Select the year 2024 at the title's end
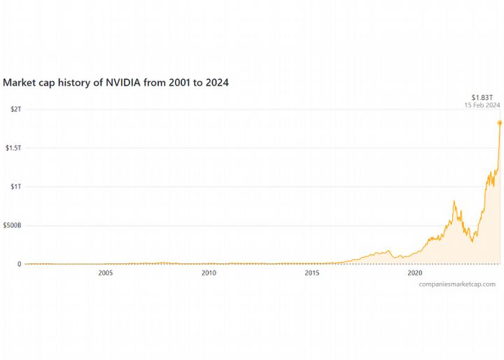(216, 83)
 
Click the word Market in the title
(20, 83)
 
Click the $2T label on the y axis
(15, 109)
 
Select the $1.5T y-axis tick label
(13, 148)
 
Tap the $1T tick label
(15, 187)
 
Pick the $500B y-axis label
(13, 226)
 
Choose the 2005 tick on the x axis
(106, 273)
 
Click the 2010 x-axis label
(209, 273)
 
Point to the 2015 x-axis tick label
(312, 273)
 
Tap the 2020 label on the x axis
(414, 273)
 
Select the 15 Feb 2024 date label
(482, 105)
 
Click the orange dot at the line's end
(500, 123)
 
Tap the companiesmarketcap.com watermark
(457, 284)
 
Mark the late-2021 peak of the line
(454, 202)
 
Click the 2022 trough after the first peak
(472, 242)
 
